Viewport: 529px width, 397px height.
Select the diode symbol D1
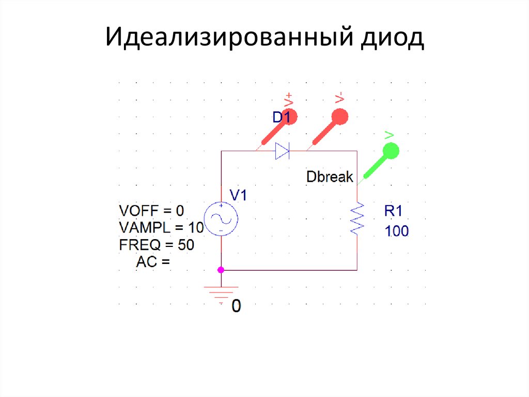point(282,151)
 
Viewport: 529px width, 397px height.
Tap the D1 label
point(282,119)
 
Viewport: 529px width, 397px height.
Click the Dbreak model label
point(330,177)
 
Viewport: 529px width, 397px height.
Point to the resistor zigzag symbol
point(357,218)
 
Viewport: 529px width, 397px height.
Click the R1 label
point(396,211)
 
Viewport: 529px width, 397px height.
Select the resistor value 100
point(397,231)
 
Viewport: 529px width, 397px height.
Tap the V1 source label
point(238,195)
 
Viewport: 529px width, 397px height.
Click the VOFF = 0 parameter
point(151,211)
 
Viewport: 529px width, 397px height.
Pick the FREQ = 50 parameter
point(156,245)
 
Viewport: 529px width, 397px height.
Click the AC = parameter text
point(153,262)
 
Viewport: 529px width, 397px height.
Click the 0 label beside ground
point(236,306)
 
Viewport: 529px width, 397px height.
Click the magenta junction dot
point(221,270)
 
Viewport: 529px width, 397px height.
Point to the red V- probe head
point(339,116)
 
